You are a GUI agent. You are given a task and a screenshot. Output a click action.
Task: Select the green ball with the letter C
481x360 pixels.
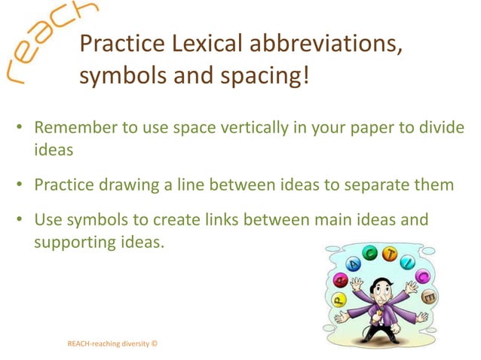pos(371,252)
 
